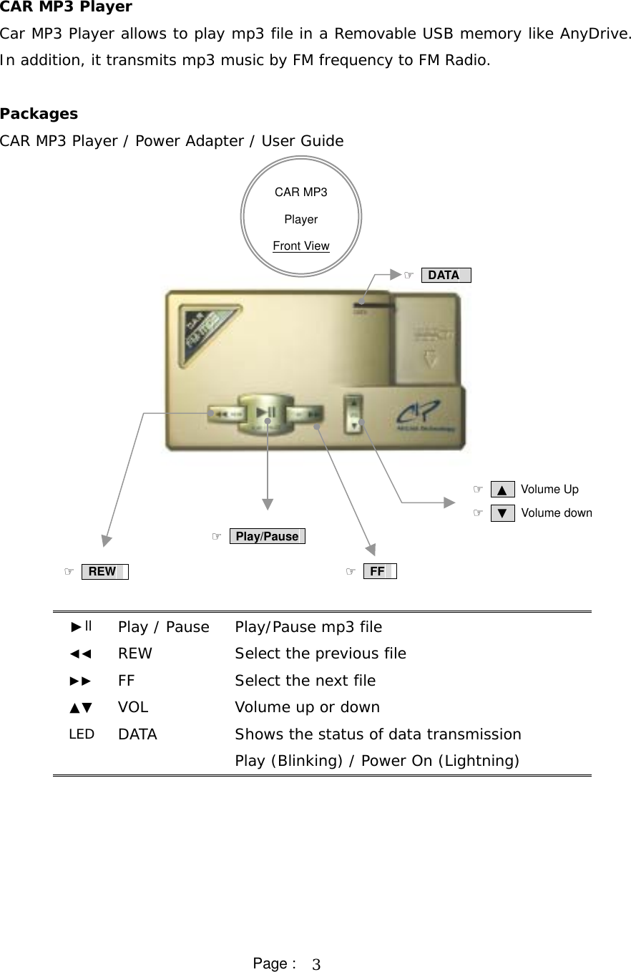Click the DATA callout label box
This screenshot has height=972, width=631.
pos(446,275)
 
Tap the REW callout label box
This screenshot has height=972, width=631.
pos(104,571)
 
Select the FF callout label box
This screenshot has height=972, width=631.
pos(379,571)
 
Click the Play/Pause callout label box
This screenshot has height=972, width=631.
pos(267,536)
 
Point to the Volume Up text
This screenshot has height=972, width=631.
pos(549,490)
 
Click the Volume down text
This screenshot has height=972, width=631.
pos(557,512)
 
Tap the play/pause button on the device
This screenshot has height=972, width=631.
pos(266,413)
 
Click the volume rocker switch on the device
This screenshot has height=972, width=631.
pos(354,414)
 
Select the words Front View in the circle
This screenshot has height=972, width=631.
pos(301,246)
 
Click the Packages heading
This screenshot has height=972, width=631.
pos(39,114)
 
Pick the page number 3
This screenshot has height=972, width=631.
pos(316,965)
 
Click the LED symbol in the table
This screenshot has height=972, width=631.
pos(82,734)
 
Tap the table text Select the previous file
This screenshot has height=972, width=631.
pos(321,653)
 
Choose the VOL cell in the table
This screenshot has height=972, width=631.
pos(133,707)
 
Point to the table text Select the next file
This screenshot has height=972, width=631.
pos(305,680)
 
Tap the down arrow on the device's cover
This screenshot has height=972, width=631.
pos(430,357)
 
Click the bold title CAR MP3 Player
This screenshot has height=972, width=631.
pos(66,7)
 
